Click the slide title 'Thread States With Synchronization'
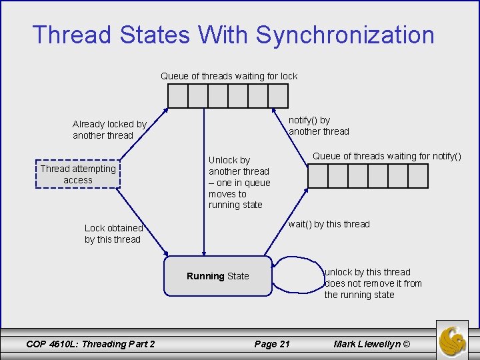point(233,35)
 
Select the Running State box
point(218,276)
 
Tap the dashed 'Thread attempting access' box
point(78,174)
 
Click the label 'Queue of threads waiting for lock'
point(229,76)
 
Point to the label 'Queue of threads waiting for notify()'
point(387,156)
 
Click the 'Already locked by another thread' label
point(109,129)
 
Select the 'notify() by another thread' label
point(319,125)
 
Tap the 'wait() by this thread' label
point(329,224)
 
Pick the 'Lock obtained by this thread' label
point(113,233)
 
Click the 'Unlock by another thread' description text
point(239,182)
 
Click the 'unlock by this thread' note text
point(373,283)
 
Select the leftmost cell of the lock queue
point(178,96)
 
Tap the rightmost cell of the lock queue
point(278,96)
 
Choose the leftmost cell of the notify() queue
point(318,176)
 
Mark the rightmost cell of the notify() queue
point(418,176)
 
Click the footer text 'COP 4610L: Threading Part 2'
point(90,344)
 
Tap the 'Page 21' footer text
point(272,344)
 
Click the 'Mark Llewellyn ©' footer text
point(373,344)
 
